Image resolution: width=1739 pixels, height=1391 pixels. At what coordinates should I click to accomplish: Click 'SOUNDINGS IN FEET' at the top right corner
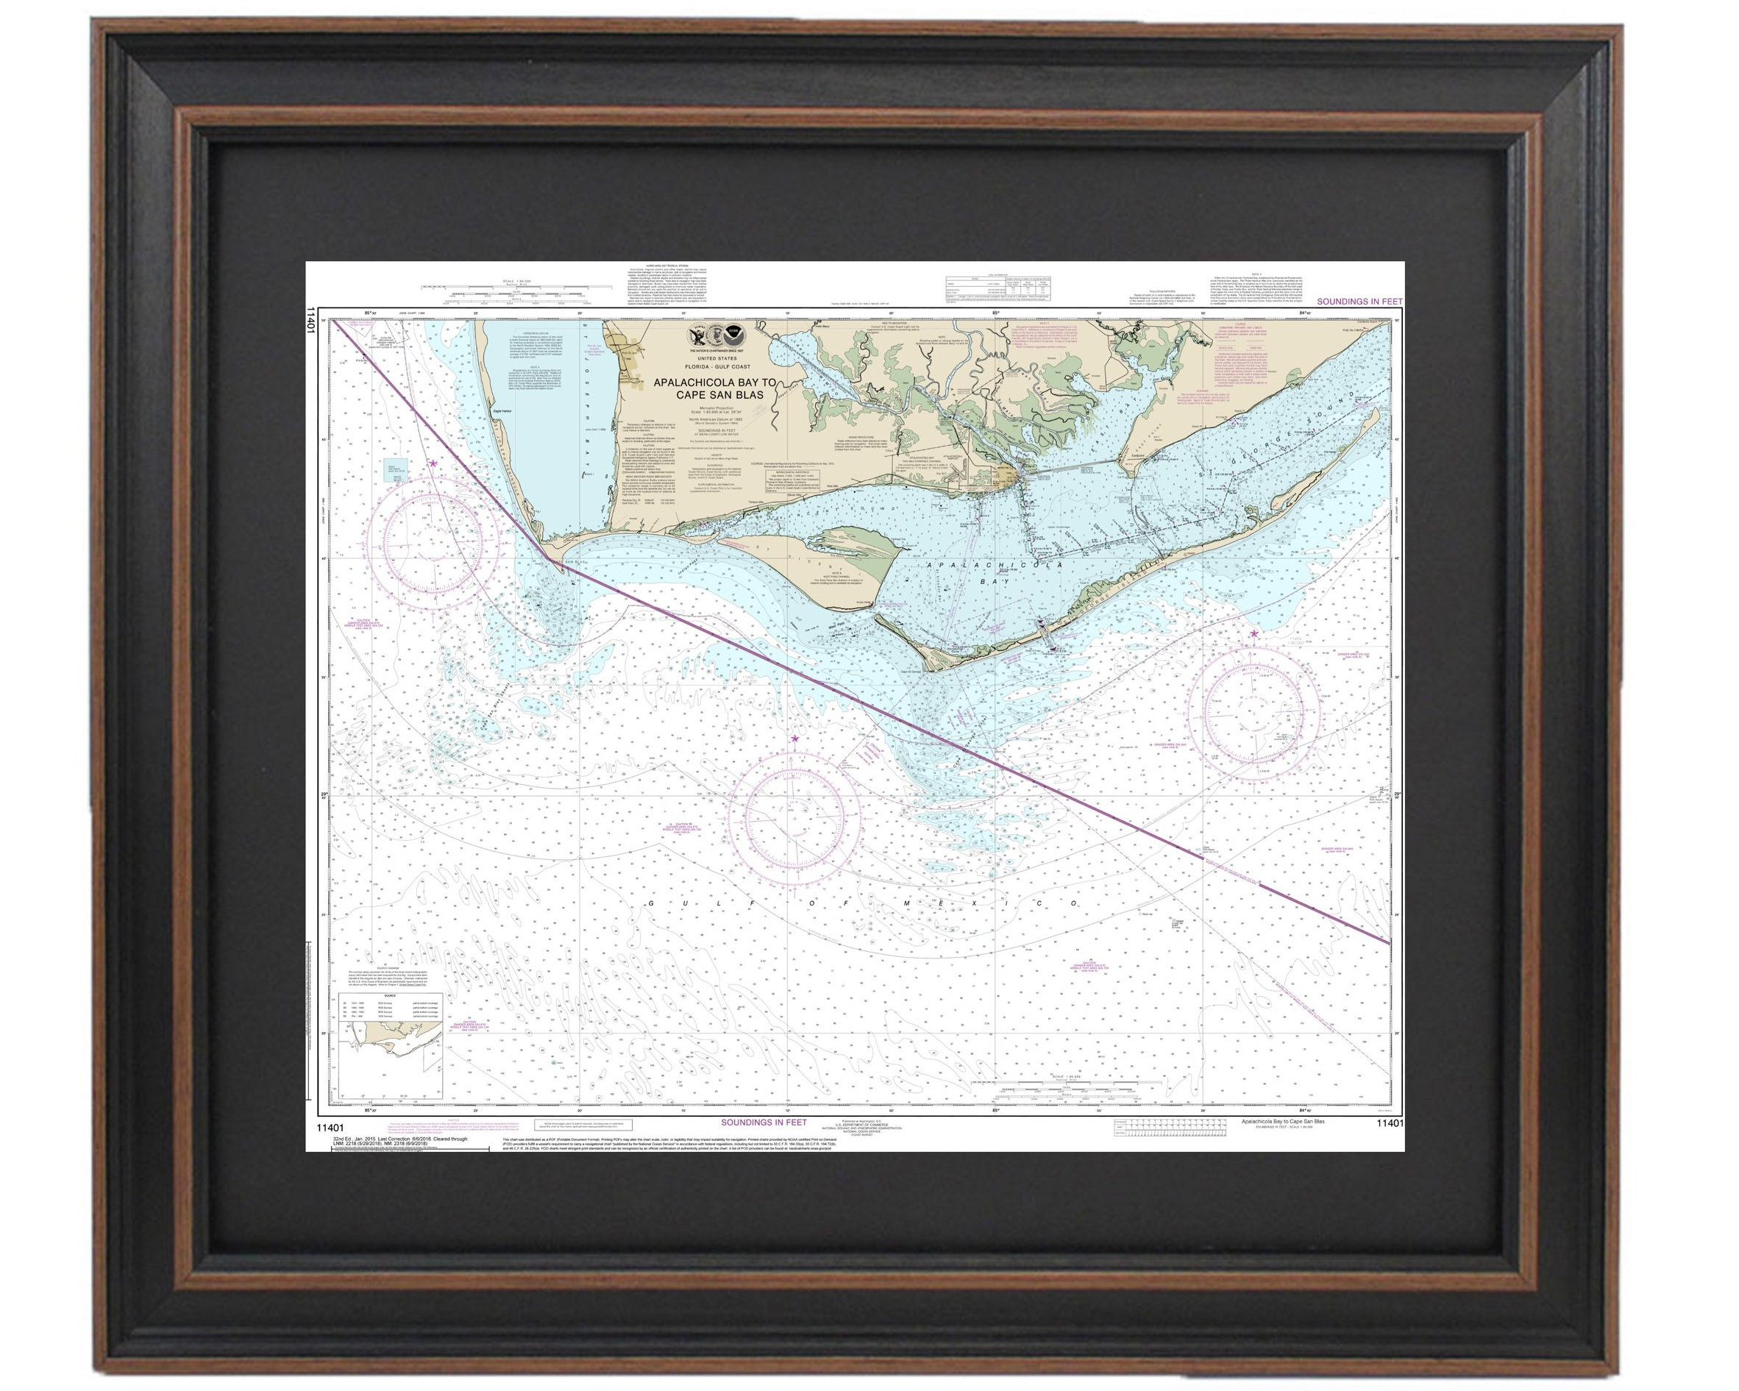(x=1360, y=302)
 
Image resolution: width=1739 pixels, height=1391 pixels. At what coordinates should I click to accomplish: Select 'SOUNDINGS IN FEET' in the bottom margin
(x=763, y=1123)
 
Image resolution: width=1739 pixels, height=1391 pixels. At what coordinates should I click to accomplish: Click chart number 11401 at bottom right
(x=1390, y=1123)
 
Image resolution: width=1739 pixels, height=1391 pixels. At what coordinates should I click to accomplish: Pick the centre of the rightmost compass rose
(x=1253, y=711)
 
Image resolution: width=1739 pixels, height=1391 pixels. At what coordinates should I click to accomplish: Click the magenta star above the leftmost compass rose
(x=433, y=463)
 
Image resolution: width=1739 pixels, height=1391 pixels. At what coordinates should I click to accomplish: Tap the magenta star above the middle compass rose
(x=795, y=739)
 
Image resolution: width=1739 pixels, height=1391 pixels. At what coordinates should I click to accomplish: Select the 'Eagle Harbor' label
(x=502, y=410)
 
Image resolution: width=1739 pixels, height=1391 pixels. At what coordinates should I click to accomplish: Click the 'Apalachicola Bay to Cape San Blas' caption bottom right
(x=1282, y=1122)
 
